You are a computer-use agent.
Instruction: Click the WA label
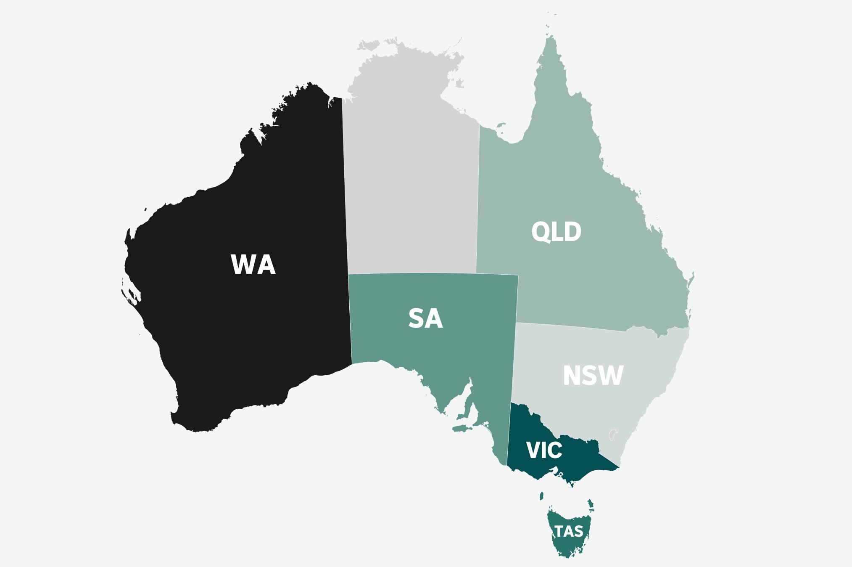coord(253,265)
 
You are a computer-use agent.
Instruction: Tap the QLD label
coord(556,231)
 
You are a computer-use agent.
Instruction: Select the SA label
coord(425,318)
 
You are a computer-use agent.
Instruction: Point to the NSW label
coord(593,375)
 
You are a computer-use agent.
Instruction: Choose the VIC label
coord(544,450)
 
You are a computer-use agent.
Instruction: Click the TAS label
coord(569,532)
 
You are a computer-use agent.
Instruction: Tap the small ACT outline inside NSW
coord(612,435)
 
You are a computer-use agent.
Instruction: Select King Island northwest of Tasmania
coord(541,496)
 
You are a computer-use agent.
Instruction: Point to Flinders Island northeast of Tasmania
coord(591,503)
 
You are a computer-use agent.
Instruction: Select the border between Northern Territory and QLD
coord(478,198)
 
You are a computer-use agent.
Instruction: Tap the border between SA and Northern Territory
coord(412,273)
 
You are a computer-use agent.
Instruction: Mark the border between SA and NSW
coord(514,362)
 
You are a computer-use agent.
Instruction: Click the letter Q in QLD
coord(540,232)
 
